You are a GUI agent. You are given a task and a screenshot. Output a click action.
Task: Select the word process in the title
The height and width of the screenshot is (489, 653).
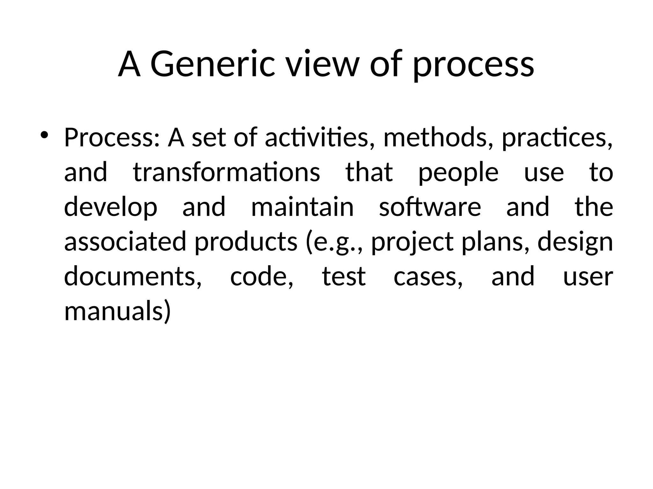click(x=473, y=65)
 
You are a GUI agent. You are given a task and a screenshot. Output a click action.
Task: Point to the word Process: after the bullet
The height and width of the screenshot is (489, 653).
click(x=112, y=138)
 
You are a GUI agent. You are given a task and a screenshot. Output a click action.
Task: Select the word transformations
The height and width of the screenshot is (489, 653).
click(x=226, y=172)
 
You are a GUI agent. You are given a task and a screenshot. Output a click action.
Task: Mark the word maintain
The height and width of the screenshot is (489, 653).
click(x=302, y=207)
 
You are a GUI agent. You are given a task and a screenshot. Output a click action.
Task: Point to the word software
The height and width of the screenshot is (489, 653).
click(x=430, y=207)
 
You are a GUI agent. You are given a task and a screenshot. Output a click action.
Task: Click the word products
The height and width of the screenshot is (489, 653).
click(x=246, y=241)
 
